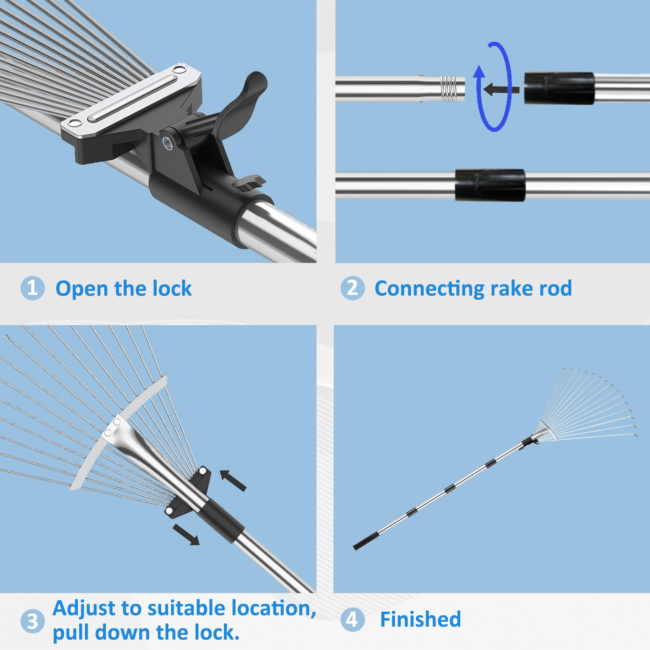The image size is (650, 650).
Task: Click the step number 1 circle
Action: [32, 288]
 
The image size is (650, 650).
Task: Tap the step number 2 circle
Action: [352, 288]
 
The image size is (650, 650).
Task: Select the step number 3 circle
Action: [32, 621]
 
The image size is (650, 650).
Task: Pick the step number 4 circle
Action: [352, 619]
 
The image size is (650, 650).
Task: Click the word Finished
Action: [420, 619]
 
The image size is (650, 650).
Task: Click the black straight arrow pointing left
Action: [501, 89]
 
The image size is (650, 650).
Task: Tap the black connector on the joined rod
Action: [490, 185]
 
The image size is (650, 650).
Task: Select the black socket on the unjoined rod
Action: [559, 88]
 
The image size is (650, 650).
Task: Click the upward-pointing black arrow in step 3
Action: [233, 480]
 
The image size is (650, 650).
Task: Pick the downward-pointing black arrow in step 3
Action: [186, 534]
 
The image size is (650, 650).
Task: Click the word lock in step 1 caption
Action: [172, 289]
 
